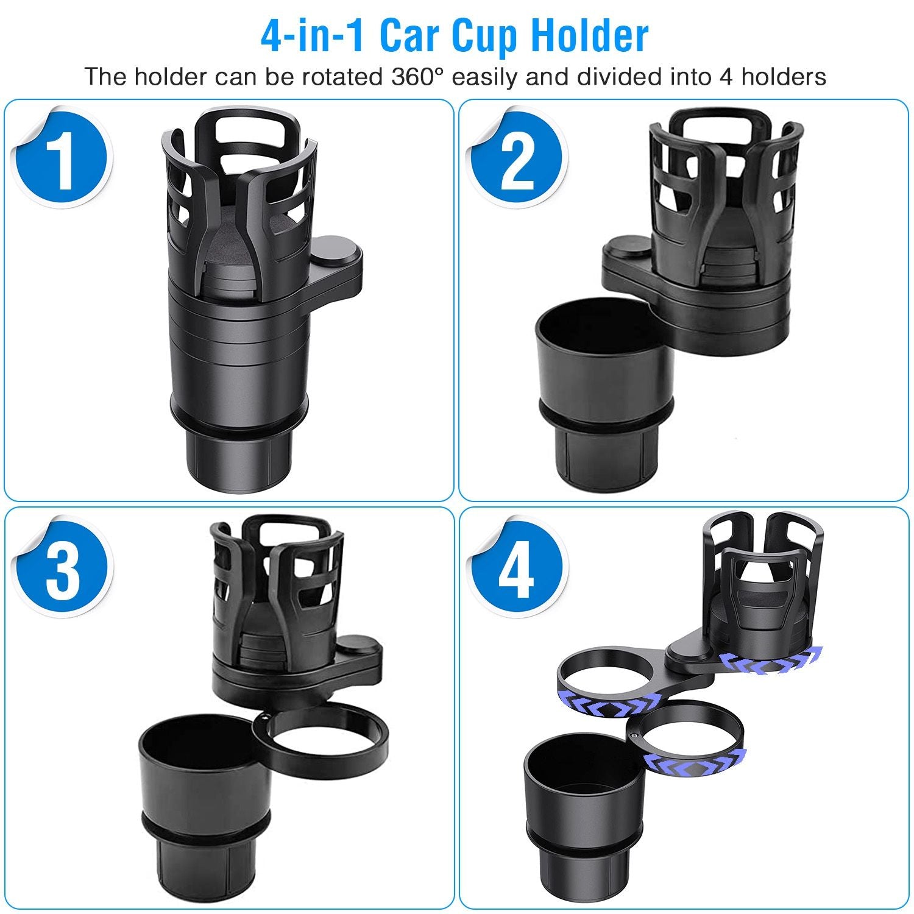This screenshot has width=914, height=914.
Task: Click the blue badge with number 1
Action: point(63,159)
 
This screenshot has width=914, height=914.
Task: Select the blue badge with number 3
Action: point(63,569)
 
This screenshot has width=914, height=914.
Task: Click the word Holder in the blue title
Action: point(589,37)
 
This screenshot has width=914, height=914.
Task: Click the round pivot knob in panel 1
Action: point(337,250)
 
